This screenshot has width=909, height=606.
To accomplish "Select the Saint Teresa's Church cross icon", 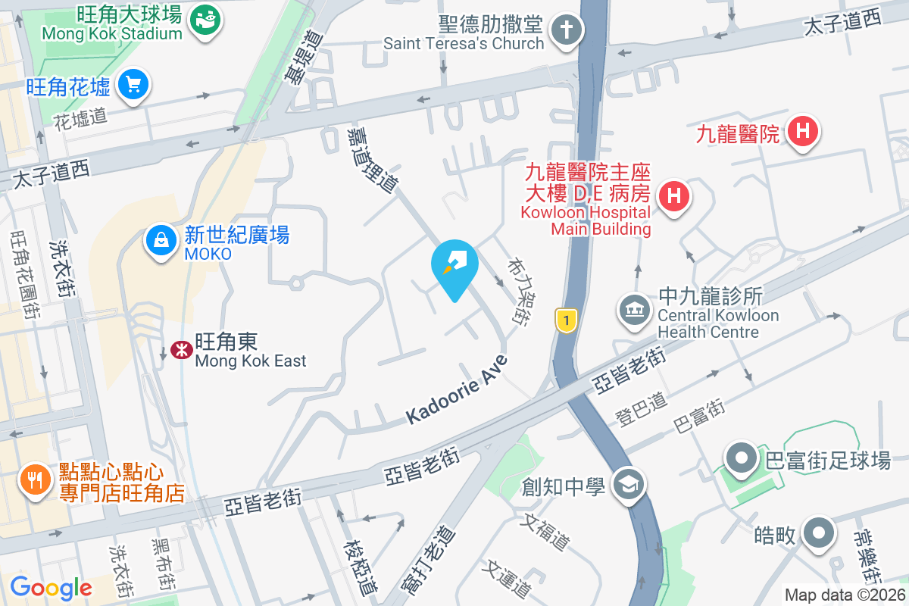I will pos(565,31).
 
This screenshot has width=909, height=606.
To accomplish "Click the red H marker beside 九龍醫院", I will pos(804,132).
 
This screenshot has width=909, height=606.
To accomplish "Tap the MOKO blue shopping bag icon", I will pos(161,240).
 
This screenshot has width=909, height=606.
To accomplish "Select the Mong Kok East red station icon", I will pos(180,350).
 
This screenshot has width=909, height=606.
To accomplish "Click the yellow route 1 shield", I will pos(564,320).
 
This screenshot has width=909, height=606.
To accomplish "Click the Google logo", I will pos(51,587).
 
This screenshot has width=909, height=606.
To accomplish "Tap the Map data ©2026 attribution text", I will pos(845,595).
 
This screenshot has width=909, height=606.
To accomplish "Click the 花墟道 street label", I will pos(81,117).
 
